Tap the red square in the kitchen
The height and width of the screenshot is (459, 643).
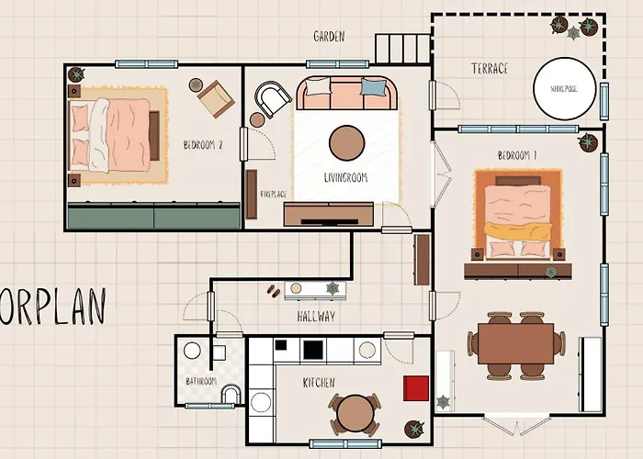[x=417, y=387]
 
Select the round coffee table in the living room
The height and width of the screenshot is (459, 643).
[x=346, y=142]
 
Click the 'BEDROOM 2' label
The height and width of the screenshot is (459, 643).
[x=203, y=145]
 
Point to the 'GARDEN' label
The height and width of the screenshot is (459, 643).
[x=328, y=37]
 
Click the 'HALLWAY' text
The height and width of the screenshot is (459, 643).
[x=315, y=317]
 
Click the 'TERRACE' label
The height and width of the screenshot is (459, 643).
[x=490, y=69]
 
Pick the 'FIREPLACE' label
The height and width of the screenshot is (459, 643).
[x=274, y=195]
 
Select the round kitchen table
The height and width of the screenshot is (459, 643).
[x=353, y=413]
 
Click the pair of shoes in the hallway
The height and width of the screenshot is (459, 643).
[x=274, y=290]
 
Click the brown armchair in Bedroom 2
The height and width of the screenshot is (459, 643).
[x=216, y=97]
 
